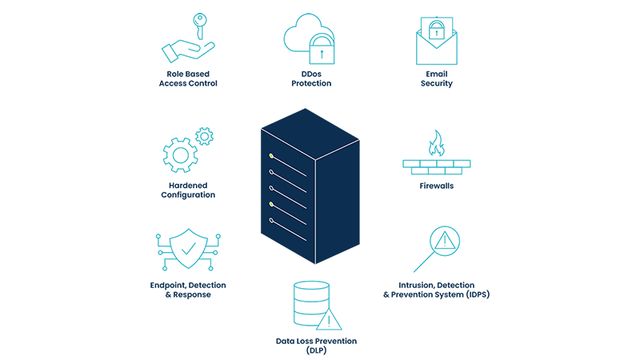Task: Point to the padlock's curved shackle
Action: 435,23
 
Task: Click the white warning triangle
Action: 328,320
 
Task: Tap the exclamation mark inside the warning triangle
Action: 328,322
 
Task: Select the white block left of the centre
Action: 249,111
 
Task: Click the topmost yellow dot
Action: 272,155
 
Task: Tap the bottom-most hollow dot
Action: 272,220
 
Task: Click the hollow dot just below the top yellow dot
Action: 272,172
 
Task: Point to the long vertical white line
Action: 318,216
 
